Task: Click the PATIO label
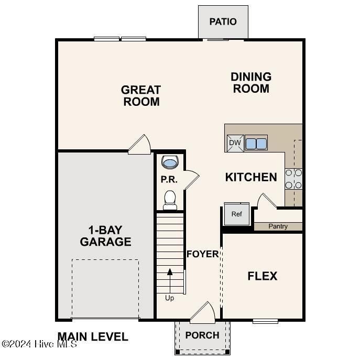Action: pos(223,21)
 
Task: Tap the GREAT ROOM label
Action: pos(141,96)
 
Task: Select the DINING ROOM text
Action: pos(251,83)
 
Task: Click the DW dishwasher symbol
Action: pos(234,143)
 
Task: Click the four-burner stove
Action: pos(293,178)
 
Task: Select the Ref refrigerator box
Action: pos(236,213)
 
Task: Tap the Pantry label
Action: pos(278,226)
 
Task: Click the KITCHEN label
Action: pos(251,177)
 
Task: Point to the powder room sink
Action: pos(170,162)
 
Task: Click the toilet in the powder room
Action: pos(170,200)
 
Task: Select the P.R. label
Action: pos(169,180)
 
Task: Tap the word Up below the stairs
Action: pos(170,298)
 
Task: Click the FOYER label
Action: pos(203,254)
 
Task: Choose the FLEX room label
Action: pos(263,276)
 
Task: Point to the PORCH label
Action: pos(202,335)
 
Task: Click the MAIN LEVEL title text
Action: pos(93,337)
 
